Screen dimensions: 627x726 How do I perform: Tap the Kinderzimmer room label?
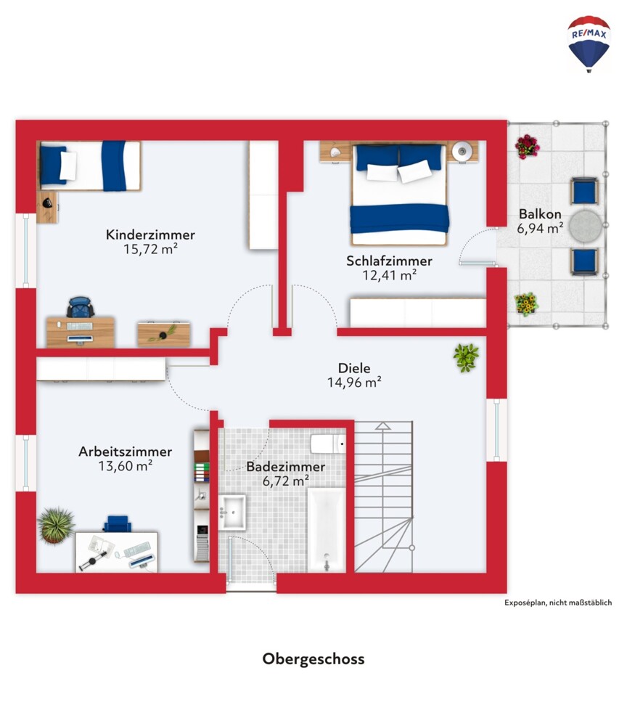(x=150, y=234)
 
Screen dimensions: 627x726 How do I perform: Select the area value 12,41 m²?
(x=389, y=275)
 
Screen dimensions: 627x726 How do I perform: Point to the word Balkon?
(x=540, y=214)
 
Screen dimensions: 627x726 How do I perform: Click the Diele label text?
(x=354, y=368)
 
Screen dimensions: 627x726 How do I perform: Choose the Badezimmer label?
(x=285, y=466)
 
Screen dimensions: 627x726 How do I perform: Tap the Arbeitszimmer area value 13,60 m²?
(x=125, y=465)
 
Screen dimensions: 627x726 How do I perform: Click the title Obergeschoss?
(x=313, y=659)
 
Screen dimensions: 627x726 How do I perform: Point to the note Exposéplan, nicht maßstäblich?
(x=558, y=603)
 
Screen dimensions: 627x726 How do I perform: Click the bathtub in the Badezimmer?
(x=327, y=529)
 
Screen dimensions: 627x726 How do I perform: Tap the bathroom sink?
(x=231, y=512)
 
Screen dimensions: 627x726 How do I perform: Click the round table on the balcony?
(x=586, y=226)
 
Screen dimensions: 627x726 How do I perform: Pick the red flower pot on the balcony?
(x=527, y=147)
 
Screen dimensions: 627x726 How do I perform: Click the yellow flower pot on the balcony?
(x=527, y=304)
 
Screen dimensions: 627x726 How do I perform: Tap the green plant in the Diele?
(x=466, y=357)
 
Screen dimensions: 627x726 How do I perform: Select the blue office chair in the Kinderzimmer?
(x=81, y=307)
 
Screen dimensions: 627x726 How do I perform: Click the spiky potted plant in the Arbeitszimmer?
(x=56, y=525)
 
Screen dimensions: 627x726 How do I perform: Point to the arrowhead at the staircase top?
(x=382, y=425)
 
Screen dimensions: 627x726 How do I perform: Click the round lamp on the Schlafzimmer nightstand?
(x=462, y=151)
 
